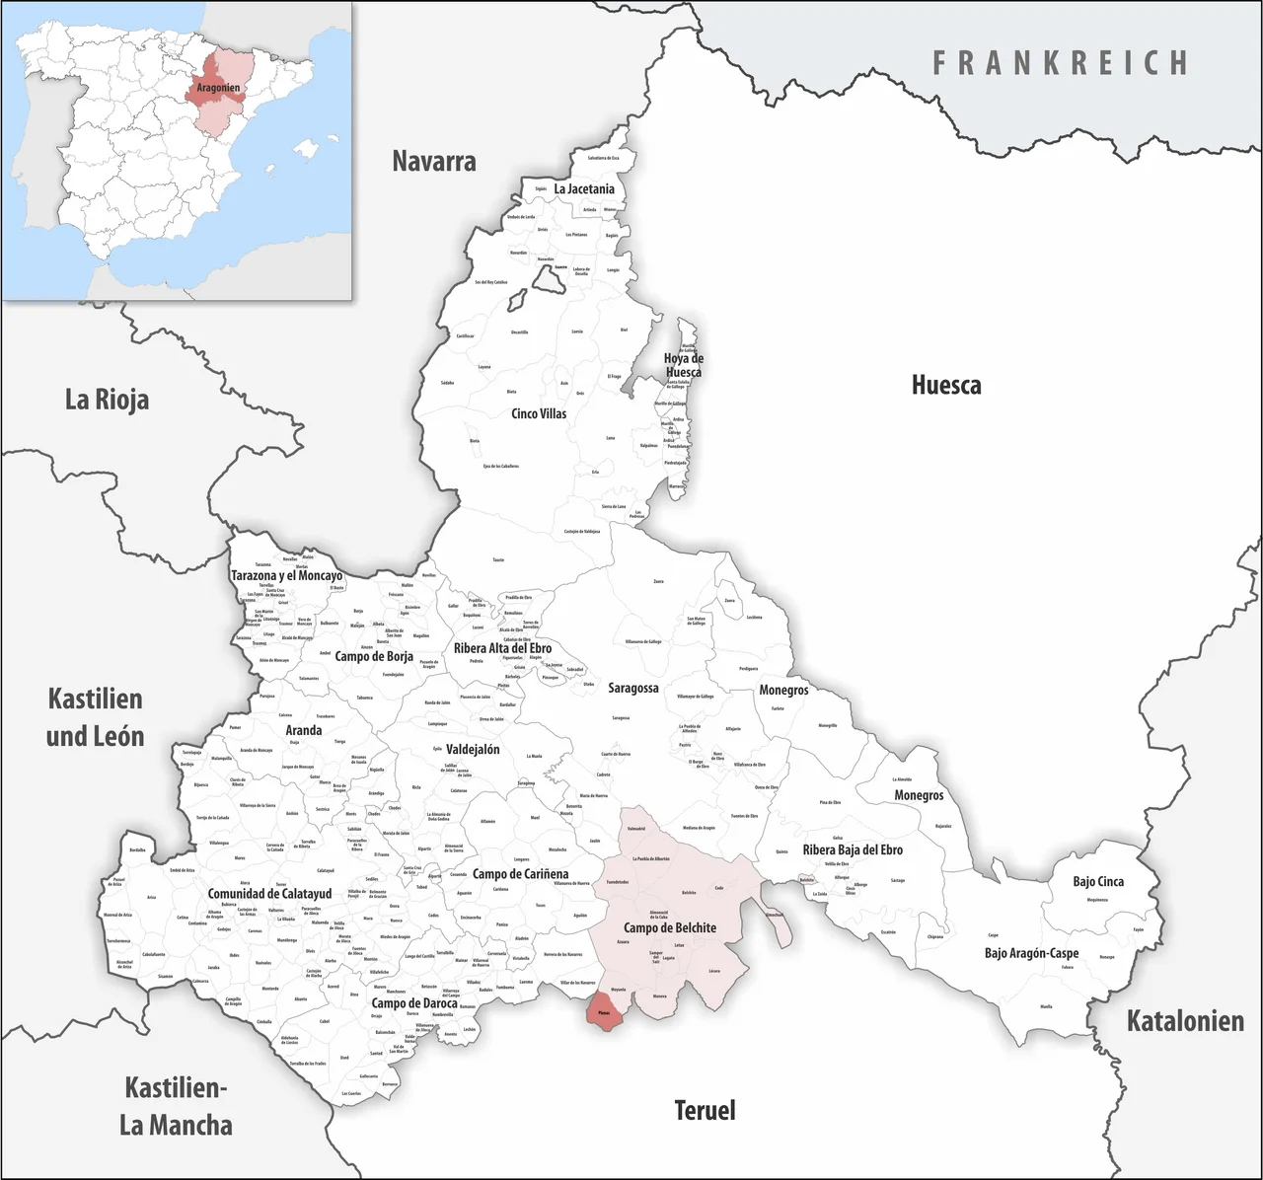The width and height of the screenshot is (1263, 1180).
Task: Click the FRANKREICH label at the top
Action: pos(1061,63)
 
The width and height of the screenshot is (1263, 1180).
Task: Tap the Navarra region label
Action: pos(434,161)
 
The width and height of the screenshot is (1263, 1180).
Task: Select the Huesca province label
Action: pos(945,385)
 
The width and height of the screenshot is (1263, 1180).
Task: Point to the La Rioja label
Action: pos(107,400)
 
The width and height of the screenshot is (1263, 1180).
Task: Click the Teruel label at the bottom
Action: pos(705,1111)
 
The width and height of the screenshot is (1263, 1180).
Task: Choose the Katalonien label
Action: pos(1185,1021)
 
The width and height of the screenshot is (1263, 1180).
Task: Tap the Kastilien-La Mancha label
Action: pos(176,1106)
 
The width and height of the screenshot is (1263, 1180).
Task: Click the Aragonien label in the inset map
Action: pos(218,88)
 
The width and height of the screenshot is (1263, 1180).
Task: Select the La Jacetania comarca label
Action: pos(584,188)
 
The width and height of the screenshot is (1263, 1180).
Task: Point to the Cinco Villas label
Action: pos(539,413)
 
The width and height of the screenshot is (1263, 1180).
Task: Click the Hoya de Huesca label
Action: pos(683,365)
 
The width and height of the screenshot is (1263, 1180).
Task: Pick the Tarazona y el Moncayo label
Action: pos(286,575)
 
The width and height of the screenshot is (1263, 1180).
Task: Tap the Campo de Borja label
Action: pos(374,656)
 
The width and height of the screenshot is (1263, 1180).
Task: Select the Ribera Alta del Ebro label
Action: pos(502,648)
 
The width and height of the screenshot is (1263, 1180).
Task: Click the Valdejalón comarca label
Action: pos(473,749)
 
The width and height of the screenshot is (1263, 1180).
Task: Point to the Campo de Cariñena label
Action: pos(520,874)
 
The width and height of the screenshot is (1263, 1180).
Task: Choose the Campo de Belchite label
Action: pos(670,927)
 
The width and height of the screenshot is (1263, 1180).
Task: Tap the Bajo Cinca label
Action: pos(1098,881)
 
